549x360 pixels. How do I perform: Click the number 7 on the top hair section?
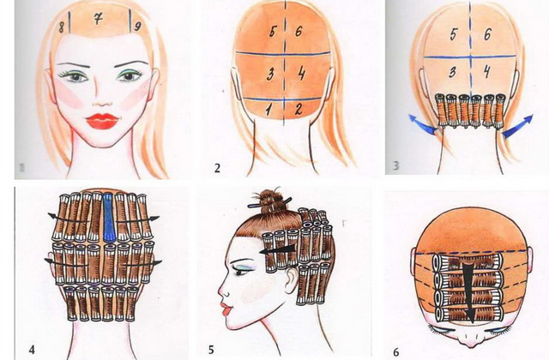point(98,18)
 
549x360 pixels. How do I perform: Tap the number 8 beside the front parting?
point(62,27)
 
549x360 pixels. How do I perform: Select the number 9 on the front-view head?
point(137,26)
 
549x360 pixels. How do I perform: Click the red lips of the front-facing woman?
point(102,121)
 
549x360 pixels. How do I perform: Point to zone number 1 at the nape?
point(268,111)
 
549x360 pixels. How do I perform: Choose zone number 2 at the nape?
point(299,109)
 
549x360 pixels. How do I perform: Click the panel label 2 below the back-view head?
point(217,168)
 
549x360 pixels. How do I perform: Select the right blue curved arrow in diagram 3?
point(517,126)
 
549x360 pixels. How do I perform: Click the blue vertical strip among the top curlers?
point(109,217)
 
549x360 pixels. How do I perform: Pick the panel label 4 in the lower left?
point(32,350)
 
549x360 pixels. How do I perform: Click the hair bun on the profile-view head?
point(271,202)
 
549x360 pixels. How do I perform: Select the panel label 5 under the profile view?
point(211,350)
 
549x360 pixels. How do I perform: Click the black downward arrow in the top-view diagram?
point(469,292)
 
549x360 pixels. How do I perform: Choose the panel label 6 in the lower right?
point(396,352)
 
